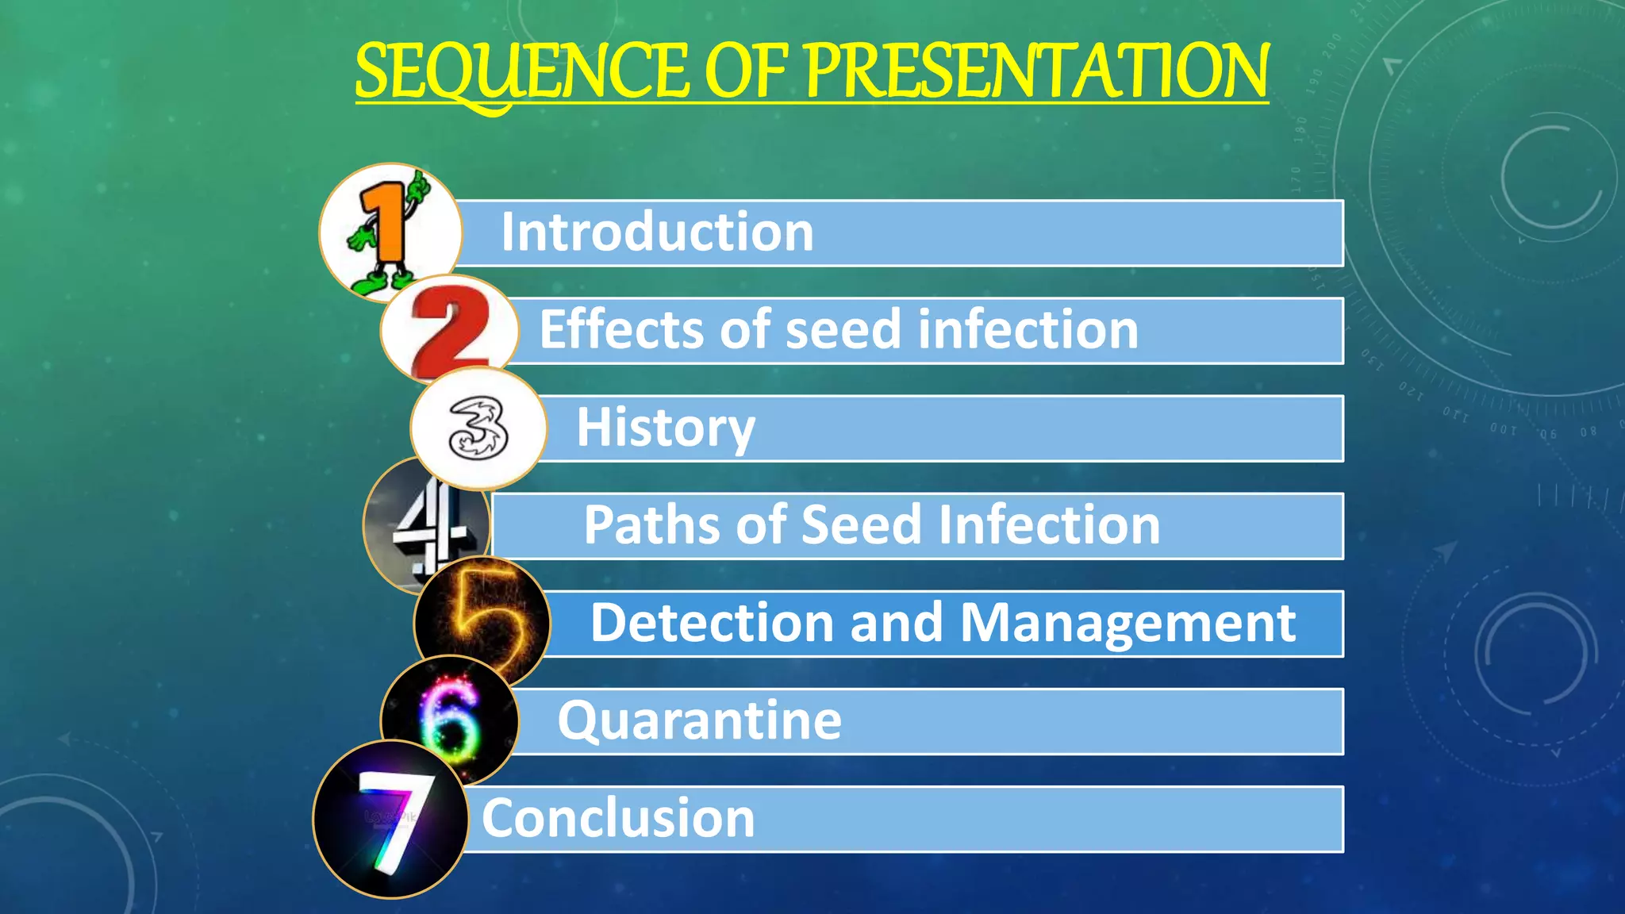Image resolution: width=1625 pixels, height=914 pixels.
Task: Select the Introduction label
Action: (657, 232)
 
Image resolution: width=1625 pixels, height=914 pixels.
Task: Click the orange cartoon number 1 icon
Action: (389, 232)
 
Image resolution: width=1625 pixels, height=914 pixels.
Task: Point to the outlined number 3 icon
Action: (478, 429)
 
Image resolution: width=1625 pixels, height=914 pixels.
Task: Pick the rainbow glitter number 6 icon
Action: (449, 719)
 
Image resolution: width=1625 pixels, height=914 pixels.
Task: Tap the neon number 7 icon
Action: (390, 819)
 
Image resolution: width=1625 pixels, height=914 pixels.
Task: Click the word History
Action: (665, 428)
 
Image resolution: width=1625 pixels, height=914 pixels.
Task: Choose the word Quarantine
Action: (699, 721)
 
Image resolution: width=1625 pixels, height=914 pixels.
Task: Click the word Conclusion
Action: (618, 819)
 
